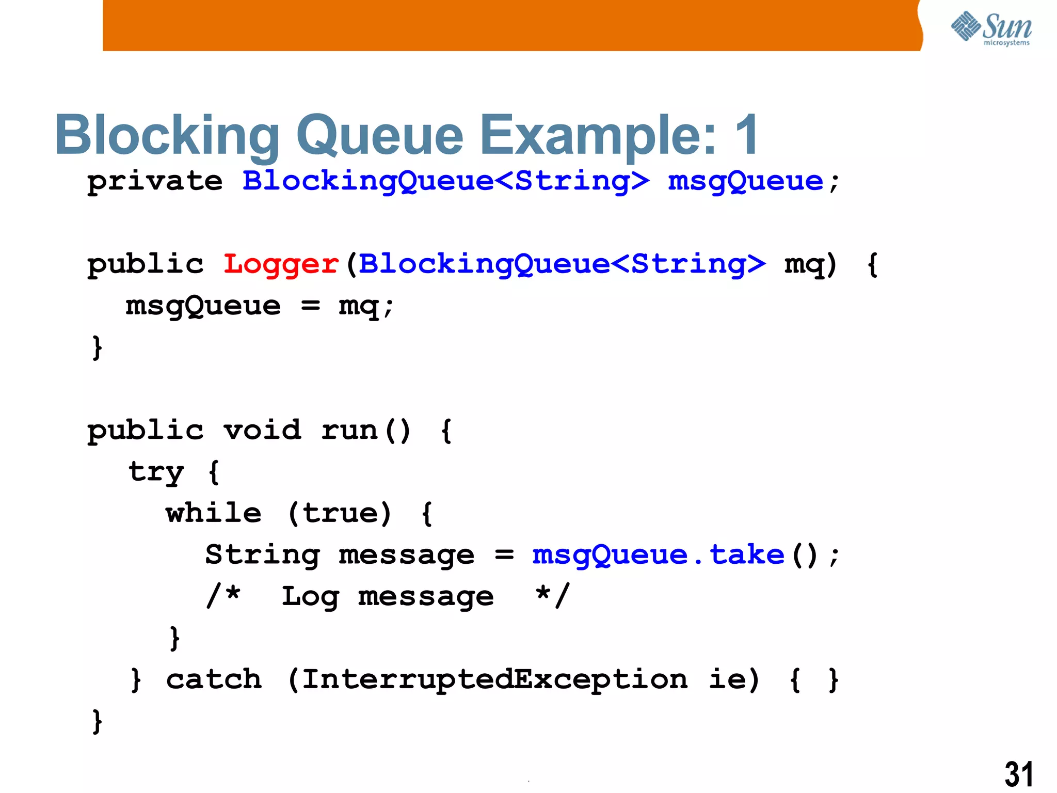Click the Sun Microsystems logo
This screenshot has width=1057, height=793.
click(991, 28)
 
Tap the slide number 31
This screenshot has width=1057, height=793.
click(1018, 774)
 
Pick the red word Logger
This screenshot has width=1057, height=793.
click(281, 264)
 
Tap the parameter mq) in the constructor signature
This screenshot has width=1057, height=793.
click(810, 265)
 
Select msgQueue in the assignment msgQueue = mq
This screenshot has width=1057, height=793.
click(203, 306)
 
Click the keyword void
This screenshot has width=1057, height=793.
click(262, 430)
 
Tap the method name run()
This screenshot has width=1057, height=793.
click(366, 430)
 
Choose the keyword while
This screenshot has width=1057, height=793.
click(214, 513)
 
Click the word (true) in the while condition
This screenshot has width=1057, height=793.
click(340, 513)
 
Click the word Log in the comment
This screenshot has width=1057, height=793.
click(310, 597)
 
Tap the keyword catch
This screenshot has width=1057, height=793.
click(214, 679)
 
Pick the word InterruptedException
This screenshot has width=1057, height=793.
click(494, 679)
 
